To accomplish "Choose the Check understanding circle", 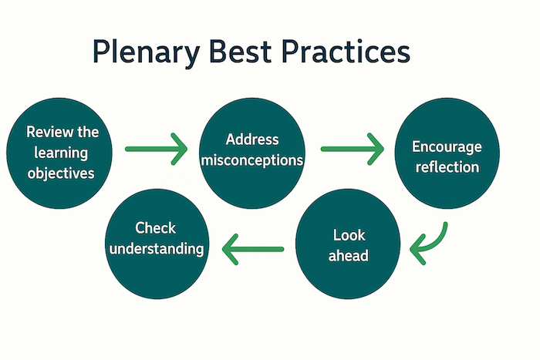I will (157, 238).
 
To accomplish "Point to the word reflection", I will (446, 167).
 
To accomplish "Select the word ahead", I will (348, 255).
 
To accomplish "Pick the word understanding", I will (157, 249).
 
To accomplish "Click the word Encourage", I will (446, 146).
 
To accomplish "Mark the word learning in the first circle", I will (60, 152).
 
